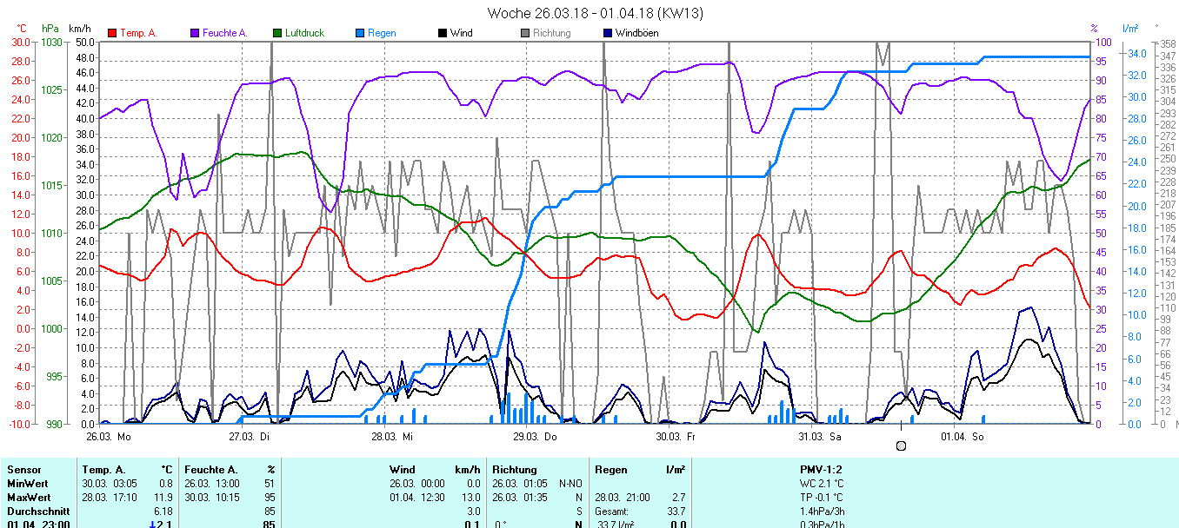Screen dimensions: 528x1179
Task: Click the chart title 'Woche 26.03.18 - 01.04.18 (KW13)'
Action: (x=595, y=13)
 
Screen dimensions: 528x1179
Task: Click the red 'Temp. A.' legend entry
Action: (x=137, y=33)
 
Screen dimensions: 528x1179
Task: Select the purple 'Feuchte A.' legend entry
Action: (x=224, y=33)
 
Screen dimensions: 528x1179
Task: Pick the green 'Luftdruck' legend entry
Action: (x=303, y=33)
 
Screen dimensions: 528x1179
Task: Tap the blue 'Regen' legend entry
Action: (x=381, y=33)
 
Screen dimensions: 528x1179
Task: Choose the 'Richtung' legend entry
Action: (x=551, y=33)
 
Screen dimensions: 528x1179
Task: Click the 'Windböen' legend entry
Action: (x=636, y=33)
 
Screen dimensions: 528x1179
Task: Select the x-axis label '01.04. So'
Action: (x=963, y=437)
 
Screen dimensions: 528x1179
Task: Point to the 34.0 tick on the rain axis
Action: (x=1136, y=53)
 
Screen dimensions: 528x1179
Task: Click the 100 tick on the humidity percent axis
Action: (x=1102, y=42)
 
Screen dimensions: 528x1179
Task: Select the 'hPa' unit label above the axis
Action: (x=50, y=29)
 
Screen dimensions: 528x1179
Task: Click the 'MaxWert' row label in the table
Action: (x=28, y=497)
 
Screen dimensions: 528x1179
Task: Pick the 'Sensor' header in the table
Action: (x=24, y=469)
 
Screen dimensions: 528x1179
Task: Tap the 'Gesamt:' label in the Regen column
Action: (x=612, y=511)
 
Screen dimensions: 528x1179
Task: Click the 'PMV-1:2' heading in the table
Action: (x=821, y=469)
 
